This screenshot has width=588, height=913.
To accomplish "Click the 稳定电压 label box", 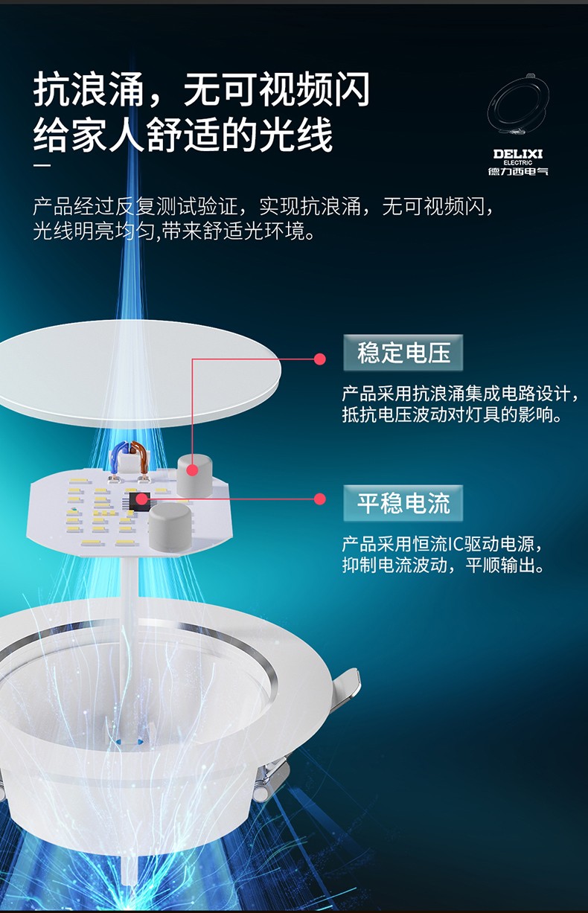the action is click(403, 353).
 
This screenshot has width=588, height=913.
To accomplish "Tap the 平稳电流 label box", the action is click(403, 503).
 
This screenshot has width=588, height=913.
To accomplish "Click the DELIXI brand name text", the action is click(518, 154).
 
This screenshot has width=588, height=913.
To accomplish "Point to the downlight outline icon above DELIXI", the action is click(518, 108).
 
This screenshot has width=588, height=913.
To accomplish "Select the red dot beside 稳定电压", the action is click(320, 359).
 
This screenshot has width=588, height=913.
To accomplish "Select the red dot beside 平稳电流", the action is click(320, 499).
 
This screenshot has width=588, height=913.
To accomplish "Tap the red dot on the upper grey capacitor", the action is click(193, 470).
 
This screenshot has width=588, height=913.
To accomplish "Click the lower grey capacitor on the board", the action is click(169, 527).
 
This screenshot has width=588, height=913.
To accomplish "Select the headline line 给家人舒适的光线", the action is click(182, 135).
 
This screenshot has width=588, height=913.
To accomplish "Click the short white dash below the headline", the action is click(42, 166).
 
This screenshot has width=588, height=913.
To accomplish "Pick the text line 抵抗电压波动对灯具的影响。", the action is click(452, 415).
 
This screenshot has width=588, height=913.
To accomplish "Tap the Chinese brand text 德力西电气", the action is click(518, 171).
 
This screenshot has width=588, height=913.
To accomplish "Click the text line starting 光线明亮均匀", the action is click(174, 231).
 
